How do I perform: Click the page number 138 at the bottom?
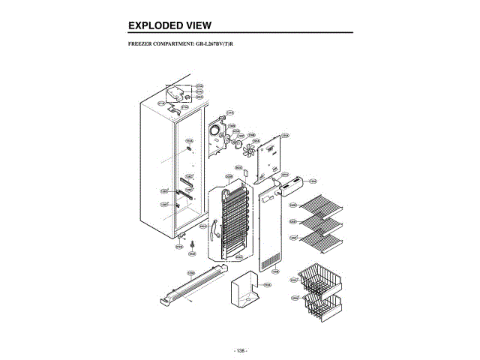[x=240, y=350]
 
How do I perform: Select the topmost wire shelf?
[x=320, y=203]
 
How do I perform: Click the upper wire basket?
[x=321, y=280]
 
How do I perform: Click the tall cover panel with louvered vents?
[x=271, y=232]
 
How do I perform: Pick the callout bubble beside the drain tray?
[x=267, y=286]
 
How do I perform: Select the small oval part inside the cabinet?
[x=189, y=148]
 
